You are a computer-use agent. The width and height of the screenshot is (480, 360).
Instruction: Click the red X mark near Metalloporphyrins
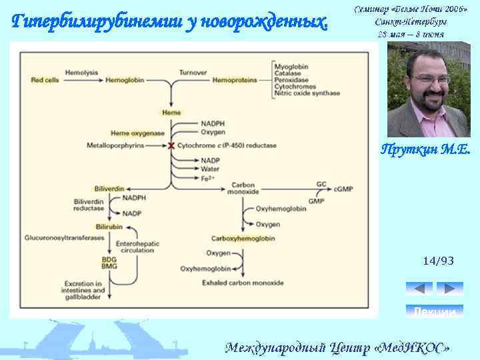171,145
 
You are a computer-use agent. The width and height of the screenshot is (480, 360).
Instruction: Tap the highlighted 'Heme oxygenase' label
137,133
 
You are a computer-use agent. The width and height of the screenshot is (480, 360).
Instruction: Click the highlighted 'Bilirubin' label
109,227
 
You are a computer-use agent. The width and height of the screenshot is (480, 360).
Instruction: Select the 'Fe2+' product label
208,179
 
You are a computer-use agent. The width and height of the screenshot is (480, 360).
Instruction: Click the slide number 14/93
438,261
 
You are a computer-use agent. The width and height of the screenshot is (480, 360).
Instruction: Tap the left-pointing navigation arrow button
419,289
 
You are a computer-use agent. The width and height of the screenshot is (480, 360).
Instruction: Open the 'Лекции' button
434,311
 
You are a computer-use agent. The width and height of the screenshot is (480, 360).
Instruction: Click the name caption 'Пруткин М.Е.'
425,151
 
